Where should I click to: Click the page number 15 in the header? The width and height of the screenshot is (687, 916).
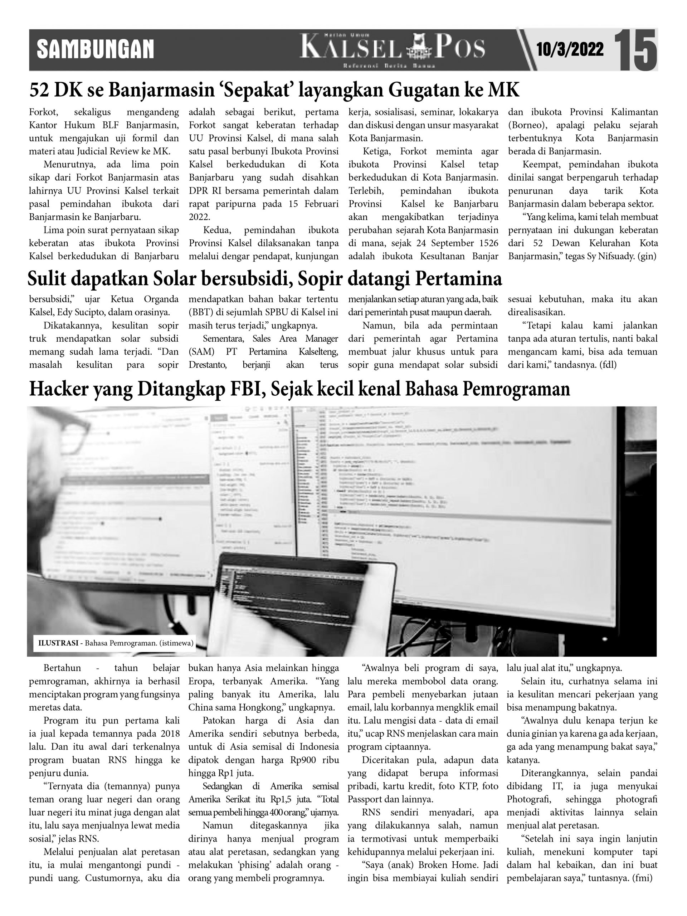coord(635,50)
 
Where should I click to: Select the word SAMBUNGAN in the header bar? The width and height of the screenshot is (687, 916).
coord(95,49)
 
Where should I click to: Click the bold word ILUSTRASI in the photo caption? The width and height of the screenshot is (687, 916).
coord(58,643)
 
